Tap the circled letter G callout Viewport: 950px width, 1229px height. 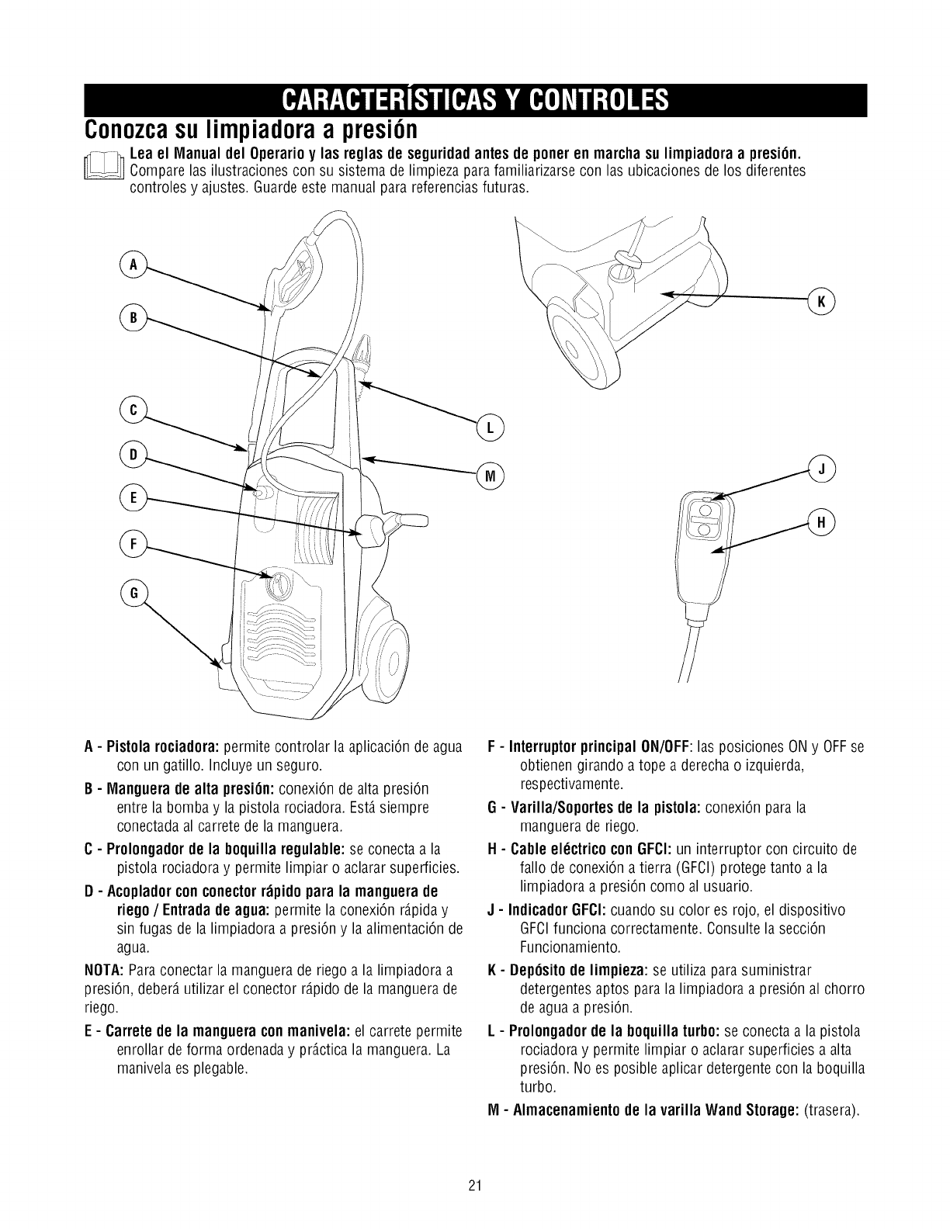click(133, 593)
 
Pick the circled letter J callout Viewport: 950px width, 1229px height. click(821, 468)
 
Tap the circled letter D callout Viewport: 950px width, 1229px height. click(133, 455)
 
